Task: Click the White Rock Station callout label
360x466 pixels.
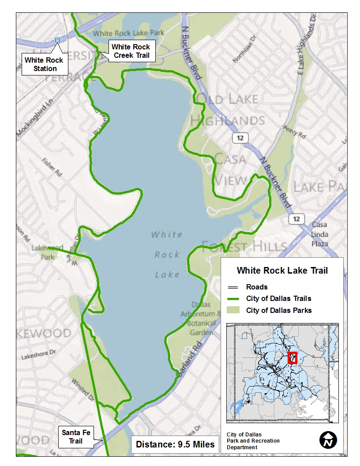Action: pyautogui.click(x=44, y=64)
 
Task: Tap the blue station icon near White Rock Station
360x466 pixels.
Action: pyautogui.click(x=57, y=40)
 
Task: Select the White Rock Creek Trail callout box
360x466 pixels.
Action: pyautogui.click(x=131, y=51)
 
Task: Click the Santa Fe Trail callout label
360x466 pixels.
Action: pyautogui.click(x=76, y=436)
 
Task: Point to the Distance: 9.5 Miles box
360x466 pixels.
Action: pyautogui.click(x=175, y=444)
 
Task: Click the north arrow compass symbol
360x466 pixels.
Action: pyautogui.click(x=328, y=440)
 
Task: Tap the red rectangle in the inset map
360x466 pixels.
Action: pyautogui.click(x=292, y=358)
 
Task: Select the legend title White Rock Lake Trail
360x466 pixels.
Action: pyautogui.click(x=282, y=271)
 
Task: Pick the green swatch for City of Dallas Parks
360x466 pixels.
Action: pyautogui.click(x=233, y=310)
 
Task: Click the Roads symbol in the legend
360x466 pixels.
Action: pyautogui.click(x=233, y=287)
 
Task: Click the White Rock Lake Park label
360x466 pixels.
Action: pyautogui.click(x=128, y=33)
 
